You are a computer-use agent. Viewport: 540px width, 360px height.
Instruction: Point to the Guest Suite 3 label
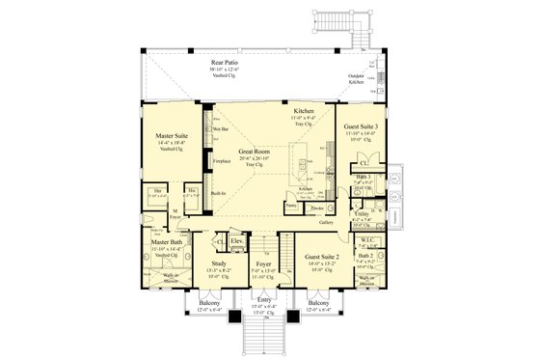(x=362, y=127)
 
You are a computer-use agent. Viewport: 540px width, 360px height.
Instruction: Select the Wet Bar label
(x=219, y=127)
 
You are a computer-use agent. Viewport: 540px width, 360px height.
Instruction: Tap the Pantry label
(x=290, y=205)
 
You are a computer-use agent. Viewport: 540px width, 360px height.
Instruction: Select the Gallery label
(x=325, y=221)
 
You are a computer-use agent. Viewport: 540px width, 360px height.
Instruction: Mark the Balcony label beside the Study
(x=210, y=304)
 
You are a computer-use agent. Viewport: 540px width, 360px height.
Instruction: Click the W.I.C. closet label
(x=367, y=240)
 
